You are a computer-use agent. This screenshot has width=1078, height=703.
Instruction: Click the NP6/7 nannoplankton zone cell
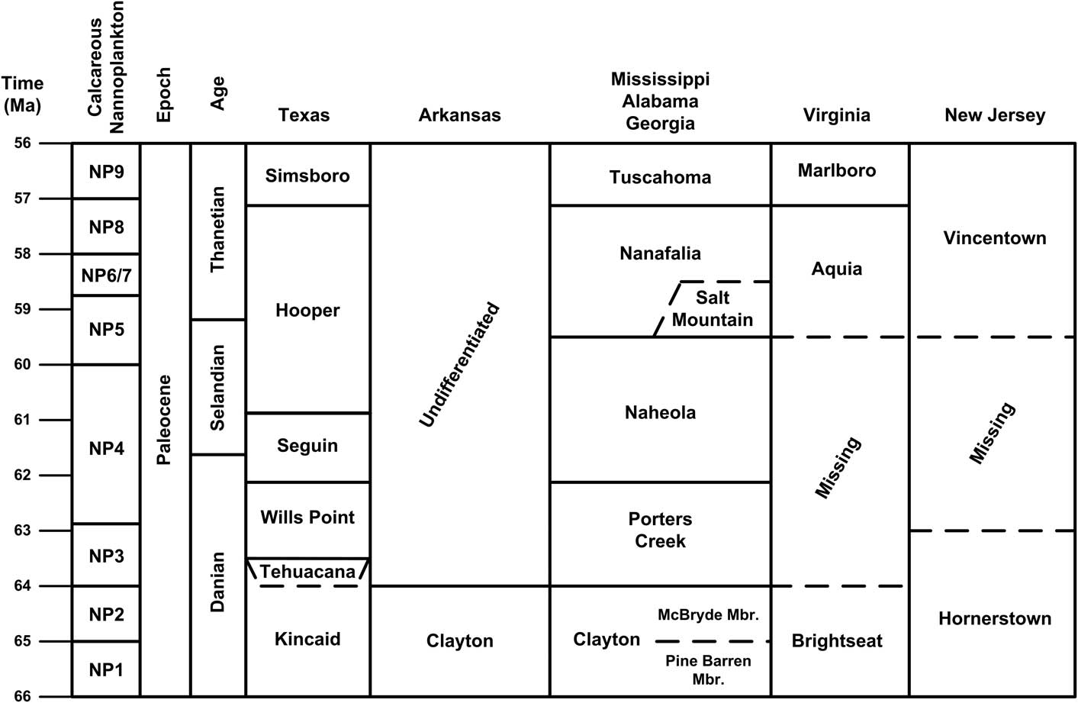(x=106, y=276)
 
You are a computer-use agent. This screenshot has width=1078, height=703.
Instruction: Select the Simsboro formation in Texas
(x=307, y=176)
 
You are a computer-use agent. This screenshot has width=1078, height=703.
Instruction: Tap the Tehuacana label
(x=307, y=572)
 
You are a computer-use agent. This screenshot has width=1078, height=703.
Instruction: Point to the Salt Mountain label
(x=712, y=308)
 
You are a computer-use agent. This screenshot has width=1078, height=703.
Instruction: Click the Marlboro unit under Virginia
(x=837, y=170)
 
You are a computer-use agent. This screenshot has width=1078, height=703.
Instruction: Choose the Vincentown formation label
(x=994, y=238)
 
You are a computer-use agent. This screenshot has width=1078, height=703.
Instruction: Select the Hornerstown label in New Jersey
(x=994, y=618)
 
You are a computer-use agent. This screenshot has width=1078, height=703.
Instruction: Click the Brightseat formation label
(x=837, y=640)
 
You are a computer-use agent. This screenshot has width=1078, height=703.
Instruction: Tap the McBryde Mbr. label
(x=708, y=614)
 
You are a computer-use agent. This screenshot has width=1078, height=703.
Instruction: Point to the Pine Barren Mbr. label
(x=708, y=669)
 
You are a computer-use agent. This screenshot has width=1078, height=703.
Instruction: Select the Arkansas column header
(x=459, y=115)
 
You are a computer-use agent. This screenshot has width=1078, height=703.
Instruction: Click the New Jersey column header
(x=994, y=115)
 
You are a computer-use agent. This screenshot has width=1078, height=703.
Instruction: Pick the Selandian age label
(x=217, y=387)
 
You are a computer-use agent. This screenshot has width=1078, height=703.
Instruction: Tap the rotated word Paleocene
(x=164, y=420)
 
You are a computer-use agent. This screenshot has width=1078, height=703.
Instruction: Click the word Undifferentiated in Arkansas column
(x=459, y=365)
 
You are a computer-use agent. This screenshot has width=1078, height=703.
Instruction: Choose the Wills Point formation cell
(x=307, y=518)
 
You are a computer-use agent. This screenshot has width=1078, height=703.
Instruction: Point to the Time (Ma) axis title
(x=23, y=95)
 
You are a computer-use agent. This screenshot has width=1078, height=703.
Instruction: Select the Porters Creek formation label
(x=660, y=530)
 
